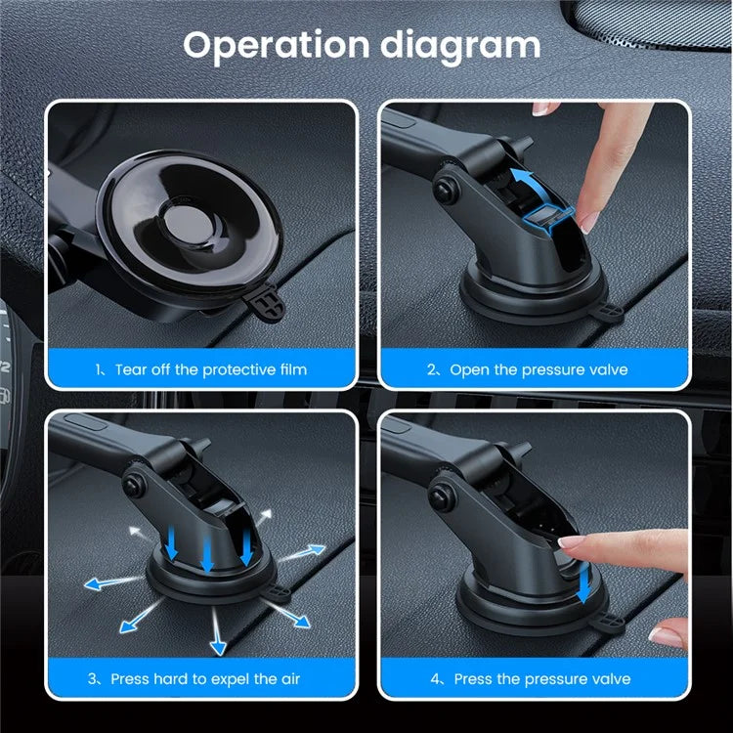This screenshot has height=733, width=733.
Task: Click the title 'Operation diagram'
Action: point(362,45)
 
